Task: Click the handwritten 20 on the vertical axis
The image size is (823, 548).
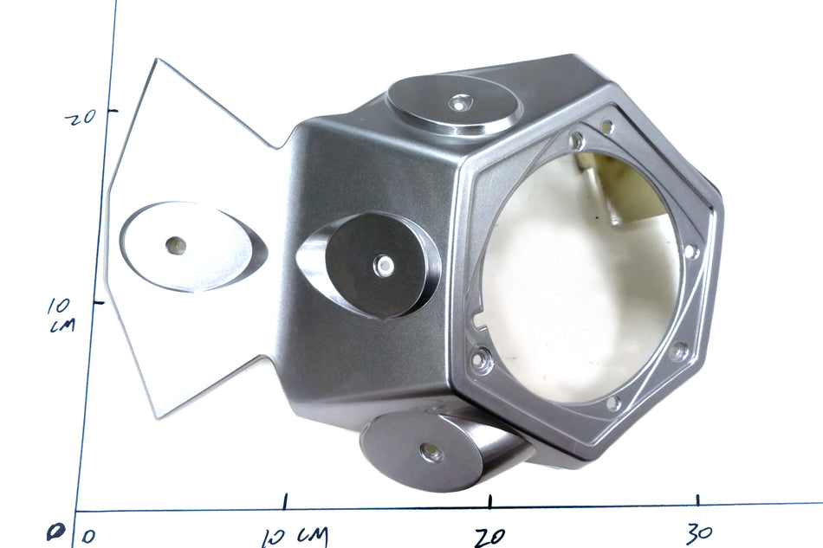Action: tap(81, 116)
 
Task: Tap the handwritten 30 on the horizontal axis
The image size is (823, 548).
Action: tap(699, 533)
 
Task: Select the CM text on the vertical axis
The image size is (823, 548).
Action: tap(62, 326)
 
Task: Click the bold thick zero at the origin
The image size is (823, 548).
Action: tap(54, 533)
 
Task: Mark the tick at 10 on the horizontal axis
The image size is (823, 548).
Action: tap(284, 501)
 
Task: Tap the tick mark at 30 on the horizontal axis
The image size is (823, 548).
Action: tap(697, 500)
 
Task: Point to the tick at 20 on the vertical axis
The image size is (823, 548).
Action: tap(113, 111)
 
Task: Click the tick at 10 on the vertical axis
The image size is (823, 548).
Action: tap(99, 302)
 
